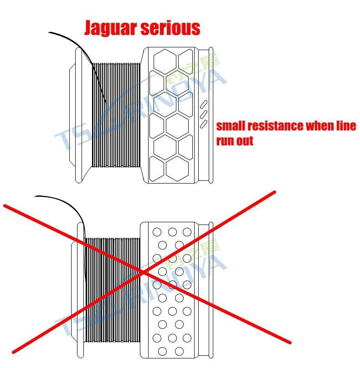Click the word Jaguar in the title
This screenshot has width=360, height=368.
[111, 28]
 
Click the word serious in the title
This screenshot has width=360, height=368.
[170, 28]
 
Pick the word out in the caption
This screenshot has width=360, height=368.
[244, 141]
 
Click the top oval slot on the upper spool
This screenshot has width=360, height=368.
[204, 105]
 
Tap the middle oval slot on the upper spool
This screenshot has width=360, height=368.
[204, 114]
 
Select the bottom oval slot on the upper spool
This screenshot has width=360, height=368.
[204, 124]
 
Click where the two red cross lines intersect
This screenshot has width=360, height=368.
[144, 272]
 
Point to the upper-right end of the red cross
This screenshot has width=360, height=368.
[274, 192]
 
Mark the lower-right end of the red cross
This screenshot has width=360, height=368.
[290, 343]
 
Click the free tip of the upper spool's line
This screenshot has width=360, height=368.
[49, 32]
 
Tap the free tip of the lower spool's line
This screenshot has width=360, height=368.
[35, 196]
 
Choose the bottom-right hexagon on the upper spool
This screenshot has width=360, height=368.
[177, 169]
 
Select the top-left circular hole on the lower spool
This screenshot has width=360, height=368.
[157, 232]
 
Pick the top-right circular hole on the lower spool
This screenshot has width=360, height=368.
[187, 232]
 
